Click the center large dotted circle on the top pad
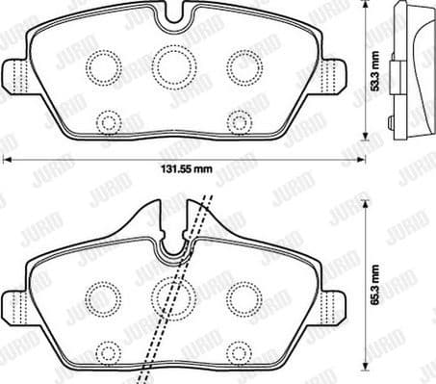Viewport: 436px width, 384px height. pyautogui.click(x=172, y=65)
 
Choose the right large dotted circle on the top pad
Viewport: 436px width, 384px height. pyautogui.click(x=242, y=64)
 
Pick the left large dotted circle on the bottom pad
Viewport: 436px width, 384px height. pyautogui.click(x=102, y=296)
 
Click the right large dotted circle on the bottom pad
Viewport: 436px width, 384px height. pyautogui.click(x=241, y=296)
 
